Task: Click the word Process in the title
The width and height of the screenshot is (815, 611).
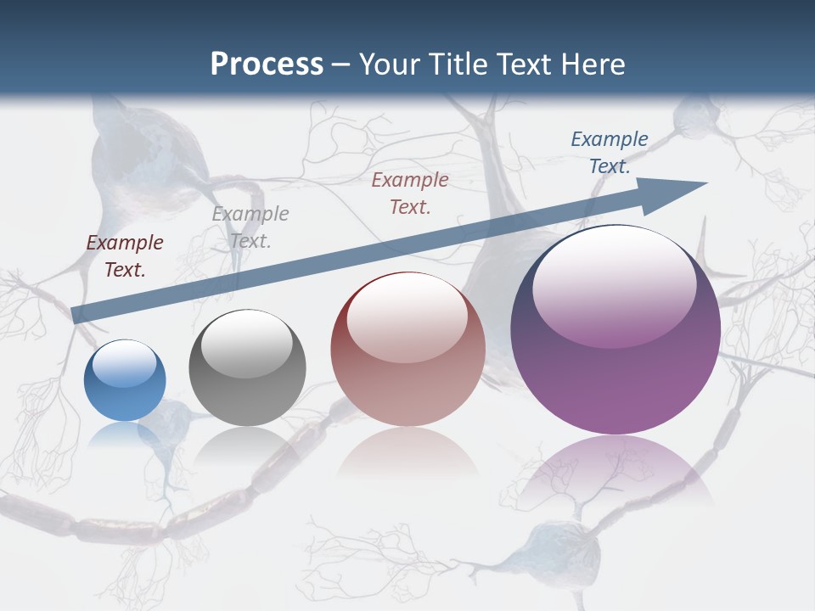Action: pos(267,64)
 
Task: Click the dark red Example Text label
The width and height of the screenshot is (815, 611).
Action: pos(125,256)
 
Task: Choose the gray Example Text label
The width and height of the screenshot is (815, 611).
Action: pos(250,227)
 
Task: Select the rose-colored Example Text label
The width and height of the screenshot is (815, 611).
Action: pos(410,193)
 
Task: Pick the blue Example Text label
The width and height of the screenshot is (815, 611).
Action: pos(610,153)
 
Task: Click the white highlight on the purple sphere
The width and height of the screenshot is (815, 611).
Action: pos(614,284)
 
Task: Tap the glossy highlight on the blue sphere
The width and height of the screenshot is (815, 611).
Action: pos(125,363)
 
